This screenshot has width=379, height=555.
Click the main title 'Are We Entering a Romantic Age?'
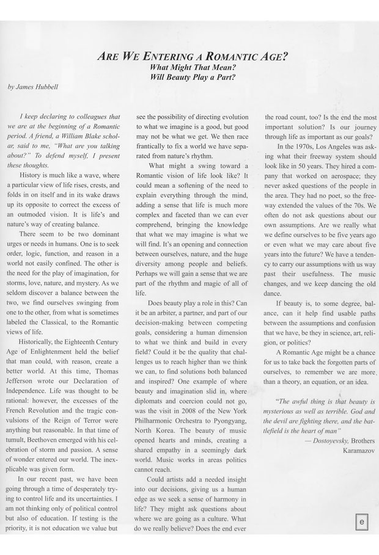[193, 57]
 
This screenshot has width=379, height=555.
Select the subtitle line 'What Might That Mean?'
[193, 68]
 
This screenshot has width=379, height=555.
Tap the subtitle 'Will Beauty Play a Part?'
[193, 78]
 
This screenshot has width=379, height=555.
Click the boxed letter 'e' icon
[362, 522]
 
